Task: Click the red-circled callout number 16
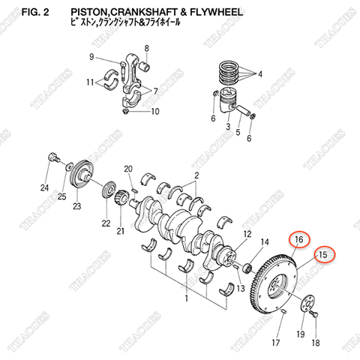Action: [298, 239]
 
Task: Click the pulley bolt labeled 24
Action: [53, 158]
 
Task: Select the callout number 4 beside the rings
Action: [260, 74]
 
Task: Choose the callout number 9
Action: [91, 57]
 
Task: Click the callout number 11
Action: [88, 82]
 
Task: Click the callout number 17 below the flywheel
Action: [275, 343]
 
